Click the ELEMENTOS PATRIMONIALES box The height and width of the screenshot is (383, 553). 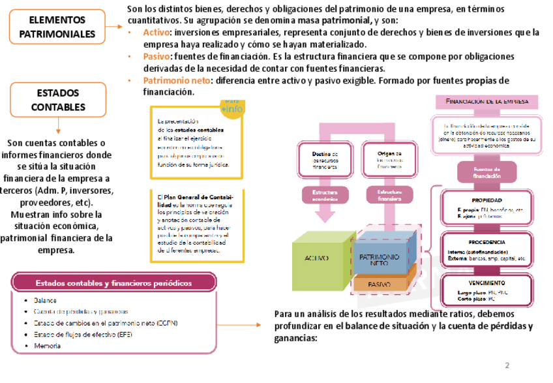(57, 27)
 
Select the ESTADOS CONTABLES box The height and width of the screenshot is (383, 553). (58, 99)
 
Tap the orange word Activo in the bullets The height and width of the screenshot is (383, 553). (156, 32)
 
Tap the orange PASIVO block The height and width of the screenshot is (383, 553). (380, 284)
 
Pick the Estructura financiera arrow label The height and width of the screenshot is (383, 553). (381, 194)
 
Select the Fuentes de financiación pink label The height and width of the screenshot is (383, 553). (487, 174)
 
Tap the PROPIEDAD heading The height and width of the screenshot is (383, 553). (486, 200)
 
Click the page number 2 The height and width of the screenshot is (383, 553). (507, 365)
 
